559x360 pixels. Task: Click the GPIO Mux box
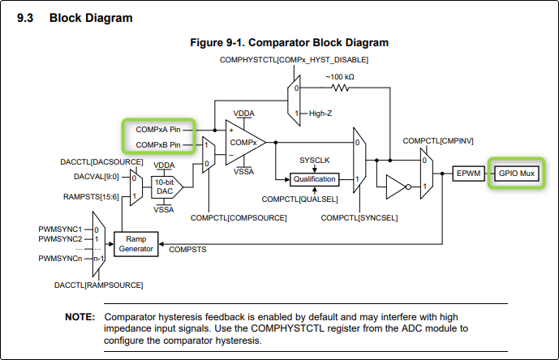coord(516,174)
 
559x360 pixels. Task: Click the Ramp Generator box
coord(135,244)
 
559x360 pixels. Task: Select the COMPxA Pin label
coord(159,130)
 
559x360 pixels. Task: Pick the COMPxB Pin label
coord(159,144)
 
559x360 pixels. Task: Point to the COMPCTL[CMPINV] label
coord(438,141)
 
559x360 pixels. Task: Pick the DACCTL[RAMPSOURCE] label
coord(99,285)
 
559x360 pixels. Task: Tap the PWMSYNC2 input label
coord(61,239)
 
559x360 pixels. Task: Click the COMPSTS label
coord(187,249)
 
